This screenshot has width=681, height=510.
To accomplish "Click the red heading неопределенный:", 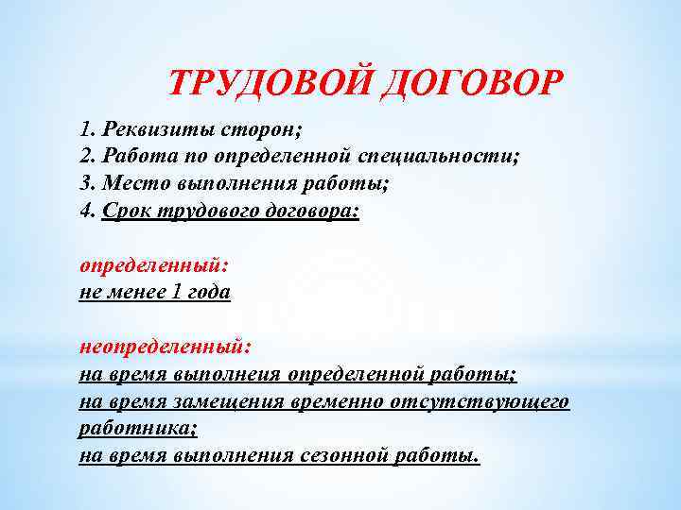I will pos(166,347).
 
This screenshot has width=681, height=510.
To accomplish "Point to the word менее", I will pos(135,292).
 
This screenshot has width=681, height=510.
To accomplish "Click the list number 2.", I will pos(86,156).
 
